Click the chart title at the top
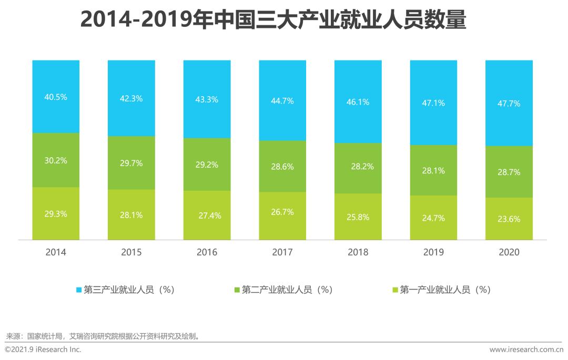[x=273, y=20]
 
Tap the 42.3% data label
[x=131, y=98]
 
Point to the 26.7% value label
[x=282, y=212]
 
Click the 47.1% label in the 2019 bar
[x=433, y=103]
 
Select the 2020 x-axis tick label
[x=509, y=252]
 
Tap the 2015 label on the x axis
[x=131, y=252]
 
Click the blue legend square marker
[x=79, y=290]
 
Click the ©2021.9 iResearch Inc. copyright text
[x=43, y=349]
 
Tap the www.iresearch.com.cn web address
[x=526, y=349]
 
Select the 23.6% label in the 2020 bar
[x=509, y=219]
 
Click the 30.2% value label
[x=56, y=160]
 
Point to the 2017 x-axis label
[x=282, y=252]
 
